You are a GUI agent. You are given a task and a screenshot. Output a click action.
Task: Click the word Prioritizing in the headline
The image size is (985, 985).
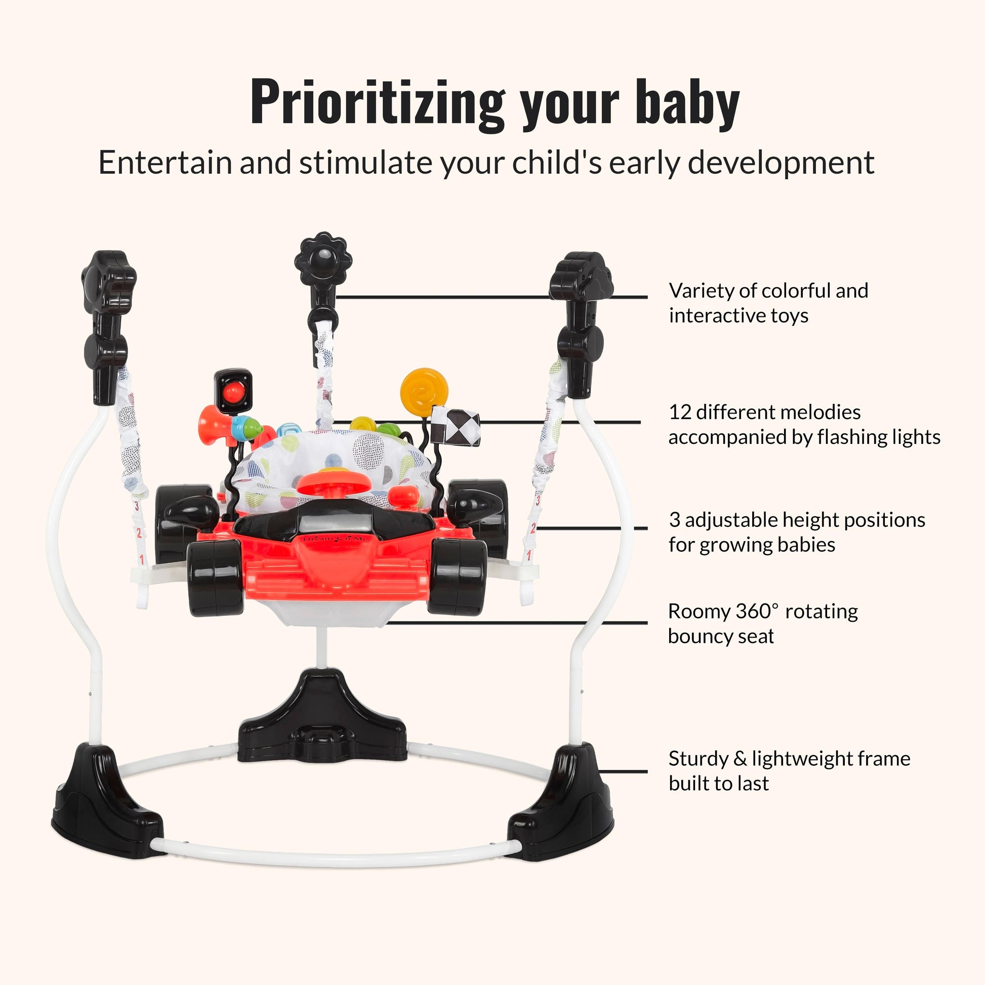pyautogui.click(x=378, y=103)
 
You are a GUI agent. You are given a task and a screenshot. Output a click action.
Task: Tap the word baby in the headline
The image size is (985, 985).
pyautogui.click(x=688, y=103)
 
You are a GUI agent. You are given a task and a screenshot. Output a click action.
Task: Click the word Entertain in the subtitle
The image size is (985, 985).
pyautogui.click(x=166, y=162)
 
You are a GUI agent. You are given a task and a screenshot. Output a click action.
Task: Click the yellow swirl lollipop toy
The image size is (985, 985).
pyautogui.click(x=424, y=392)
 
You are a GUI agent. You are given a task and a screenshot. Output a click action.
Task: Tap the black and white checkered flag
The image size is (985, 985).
pyautogui.click(x=455, y=426)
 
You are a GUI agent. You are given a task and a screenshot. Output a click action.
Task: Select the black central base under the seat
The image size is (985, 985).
pyautogui.click(x=322, y=719)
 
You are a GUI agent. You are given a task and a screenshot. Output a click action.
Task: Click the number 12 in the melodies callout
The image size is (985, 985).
pyautogui.click(x=680, y=412)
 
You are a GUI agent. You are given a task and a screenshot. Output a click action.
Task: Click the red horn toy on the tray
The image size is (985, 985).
pyautogui.click(x=212, y=419)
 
